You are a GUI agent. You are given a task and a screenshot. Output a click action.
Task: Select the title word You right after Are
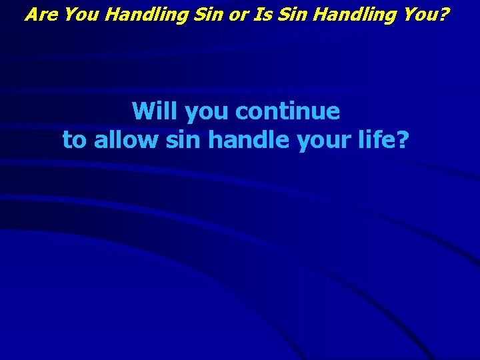click(x=81, y=14)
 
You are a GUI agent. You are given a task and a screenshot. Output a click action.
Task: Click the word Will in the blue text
click(x=155, y=111)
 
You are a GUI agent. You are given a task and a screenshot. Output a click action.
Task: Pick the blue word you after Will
click(x=207, y=112)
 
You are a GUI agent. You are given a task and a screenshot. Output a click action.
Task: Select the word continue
click(x=287, y=111)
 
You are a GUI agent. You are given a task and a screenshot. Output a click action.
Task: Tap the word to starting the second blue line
click(x=75, y=140)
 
